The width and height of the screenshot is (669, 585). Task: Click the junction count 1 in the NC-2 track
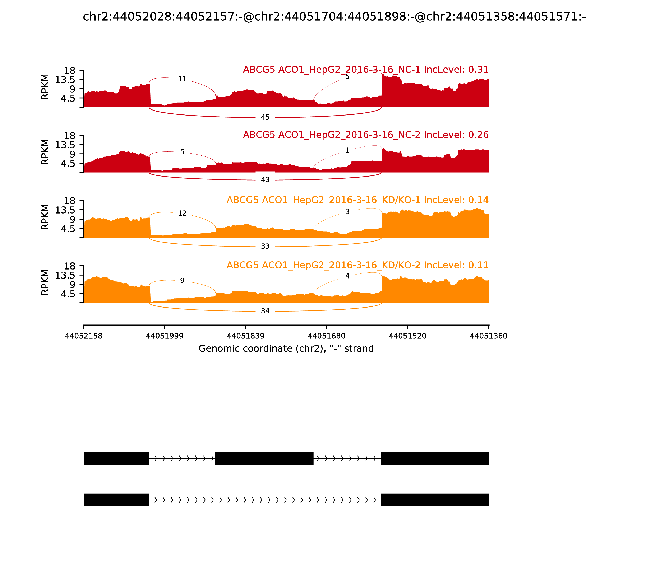(347, 150)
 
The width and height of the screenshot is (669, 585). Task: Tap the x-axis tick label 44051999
(165, 336)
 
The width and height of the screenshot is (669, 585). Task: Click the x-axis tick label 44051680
(327, 336)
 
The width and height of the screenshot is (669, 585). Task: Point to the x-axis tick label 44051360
(488, 336)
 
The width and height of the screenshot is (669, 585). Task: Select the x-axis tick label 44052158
(84, 336)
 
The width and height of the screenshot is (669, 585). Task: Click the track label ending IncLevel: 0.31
(365, 70)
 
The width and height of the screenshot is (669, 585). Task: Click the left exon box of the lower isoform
(116, 500)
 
